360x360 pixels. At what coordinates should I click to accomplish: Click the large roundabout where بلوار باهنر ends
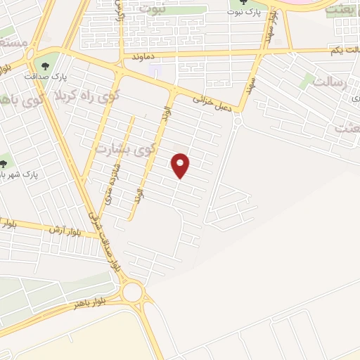tap(131, 291)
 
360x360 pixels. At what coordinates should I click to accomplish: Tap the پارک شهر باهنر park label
tap(18, 173)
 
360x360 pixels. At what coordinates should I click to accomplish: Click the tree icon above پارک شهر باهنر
tap(5, 159)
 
